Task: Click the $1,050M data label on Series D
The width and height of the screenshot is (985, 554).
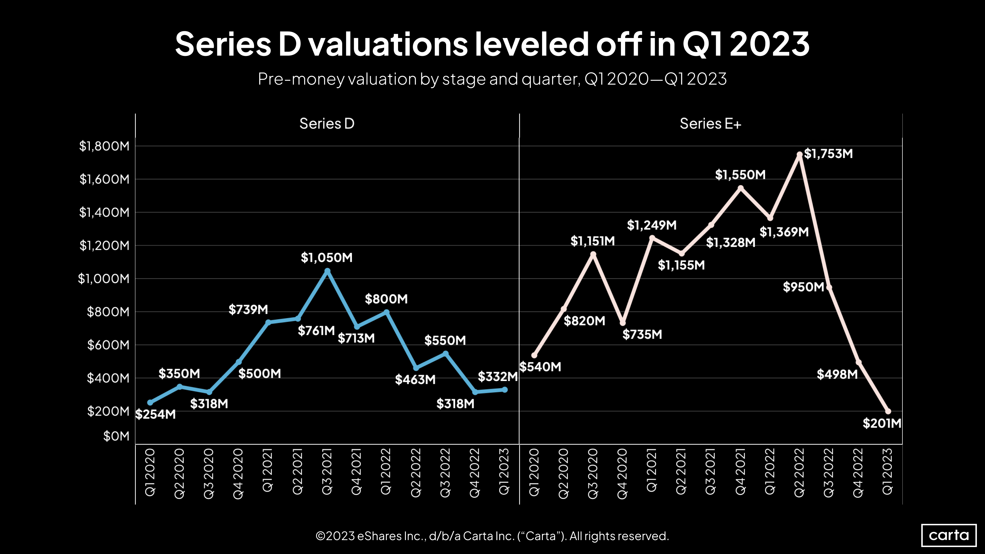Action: click(x=326, y=258)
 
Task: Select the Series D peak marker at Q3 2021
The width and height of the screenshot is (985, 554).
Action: click(x=327, y=271)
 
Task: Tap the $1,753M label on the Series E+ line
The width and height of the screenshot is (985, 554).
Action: click(x=828, y=154)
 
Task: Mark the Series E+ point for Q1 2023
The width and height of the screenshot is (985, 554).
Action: click(x=888, y=411)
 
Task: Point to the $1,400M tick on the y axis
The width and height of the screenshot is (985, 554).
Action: click(x=104, y=212)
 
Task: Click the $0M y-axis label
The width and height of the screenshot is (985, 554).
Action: click(x=116, y=436)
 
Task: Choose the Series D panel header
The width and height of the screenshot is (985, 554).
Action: click(x=327, y=123)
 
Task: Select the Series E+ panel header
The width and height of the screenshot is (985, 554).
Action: click(x=710, y=123)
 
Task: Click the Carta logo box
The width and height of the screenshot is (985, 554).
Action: click(x=949, y=535)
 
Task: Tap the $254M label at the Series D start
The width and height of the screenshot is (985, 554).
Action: click(x=156, y=414)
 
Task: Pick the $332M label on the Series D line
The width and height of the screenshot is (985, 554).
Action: click(x=497, y=377)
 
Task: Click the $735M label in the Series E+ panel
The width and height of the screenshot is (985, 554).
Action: click(x=642, y=335)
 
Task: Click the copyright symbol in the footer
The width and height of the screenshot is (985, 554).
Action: click(x=320, y=536)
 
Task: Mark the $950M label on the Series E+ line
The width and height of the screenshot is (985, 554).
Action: click(x=803, y=287)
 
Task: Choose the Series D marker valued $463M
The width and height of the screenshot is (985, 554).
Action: click(x=416, y=368)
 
